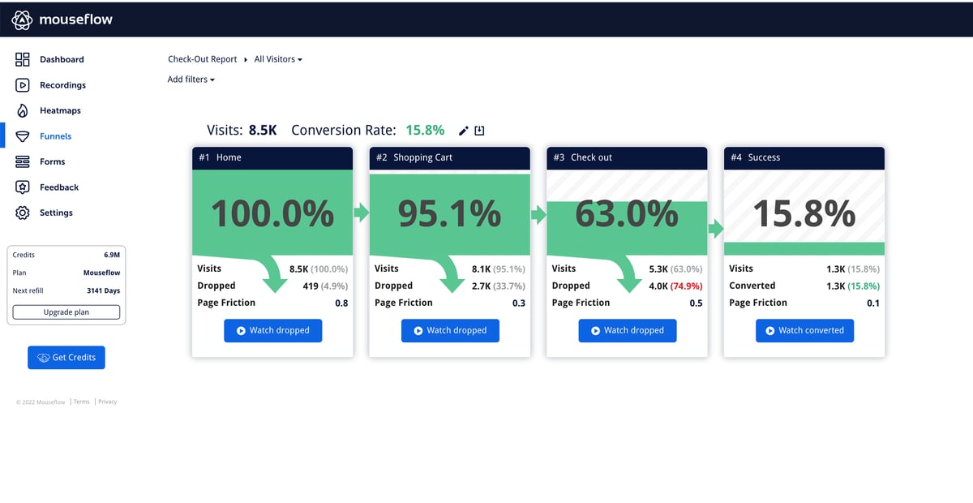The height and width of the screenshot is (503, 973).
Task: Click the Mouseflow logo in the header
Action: point(62,19)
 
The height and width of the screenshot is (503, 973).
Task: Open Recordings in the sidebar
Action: point(62,85)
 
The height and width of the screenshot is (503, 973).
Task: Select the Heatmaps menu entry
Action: point(59,110)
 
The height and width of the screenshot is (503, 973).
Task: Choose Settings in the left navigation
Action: point(55,213)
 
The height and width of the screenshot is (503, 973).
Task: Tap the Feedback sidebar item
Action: point(58,187)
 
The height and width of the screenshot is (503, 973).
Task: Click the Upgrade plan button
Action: point(66,312)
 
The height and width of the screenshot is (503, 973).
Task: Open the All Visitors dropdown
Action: point(278,59)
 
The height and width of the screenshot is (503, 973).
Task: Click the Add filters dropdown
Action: point(191,80)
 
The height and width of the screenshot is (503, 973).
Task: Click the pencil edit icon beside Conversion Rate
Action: point(464,131)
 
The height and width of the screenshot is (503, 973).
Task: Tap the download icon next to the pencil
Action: point(479,131)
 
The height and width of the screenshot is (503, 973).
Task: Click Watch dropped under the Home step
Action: point(272,330)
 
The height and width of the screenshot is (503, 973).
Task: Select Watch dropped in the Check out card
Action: point(627,330)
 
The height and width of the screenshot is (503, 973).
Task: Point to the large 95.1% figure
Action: point(449,213)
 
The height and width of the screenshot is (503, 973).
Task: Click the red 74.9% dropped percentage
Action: point(686,286)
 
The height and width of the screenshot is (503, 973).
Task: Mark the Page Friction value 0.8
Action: point(341,303)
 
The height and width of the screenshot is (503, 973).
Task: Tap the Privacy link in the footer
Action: point(108,402)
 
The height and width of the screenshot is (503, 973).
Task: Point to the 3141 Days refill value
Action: point(103,290)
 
